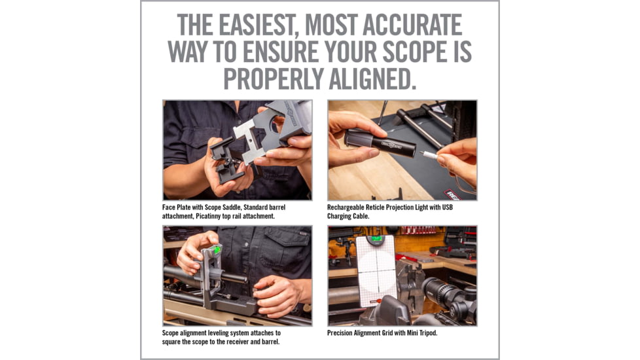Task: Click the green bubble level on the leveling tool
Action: pos(217,249)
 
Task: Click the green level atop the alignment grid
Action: pos(376,240)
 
